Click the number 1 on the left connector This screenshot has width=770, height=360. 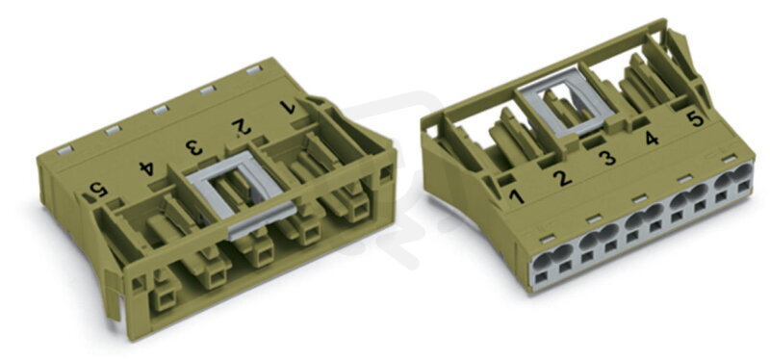(x=287, y=107)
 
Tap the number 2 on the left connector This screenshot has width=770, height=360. (x=242, y=127)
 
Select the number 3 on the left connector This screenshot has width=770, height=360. (x=194, y=146)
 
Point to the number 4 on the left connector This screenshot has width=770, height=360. (x=147, y=167)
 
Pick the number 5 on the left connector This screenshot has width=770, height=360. (x=98, y=190)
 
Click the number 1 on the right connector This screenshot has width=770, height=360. (x=516, y=196)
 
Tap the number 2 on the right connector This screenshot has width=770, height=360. (x=562, y=177)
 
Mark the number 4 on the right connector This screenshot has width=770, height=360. (x=652, y=138)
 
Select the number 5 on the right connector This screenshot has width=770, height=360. (x=696, y=118)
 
